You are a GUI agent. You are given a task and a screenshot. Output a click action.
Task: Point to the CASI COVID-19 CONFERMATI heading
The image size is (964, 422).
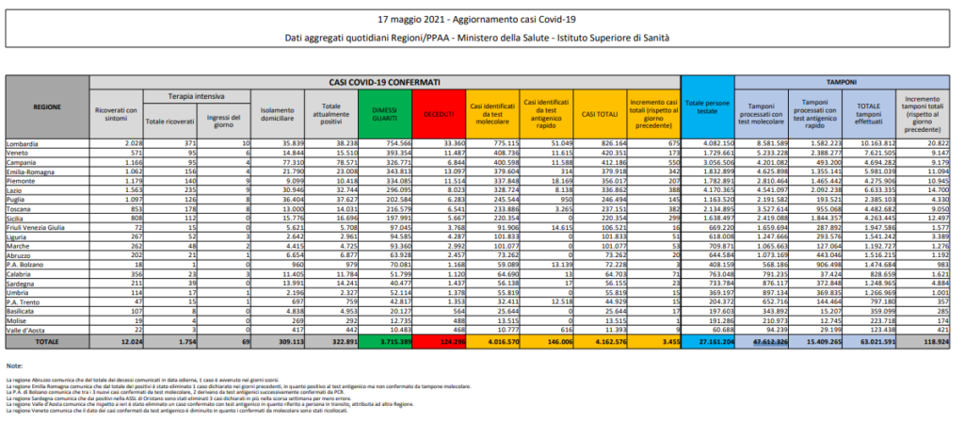tap(383, 84)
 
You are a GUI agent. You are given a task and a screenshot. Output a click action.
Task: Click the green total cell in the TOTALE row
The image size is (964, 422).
tap(386, 341)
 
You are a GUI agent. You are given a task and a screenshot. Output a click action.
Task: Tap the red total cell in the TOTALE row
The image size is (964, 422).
tap(439, 341)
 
